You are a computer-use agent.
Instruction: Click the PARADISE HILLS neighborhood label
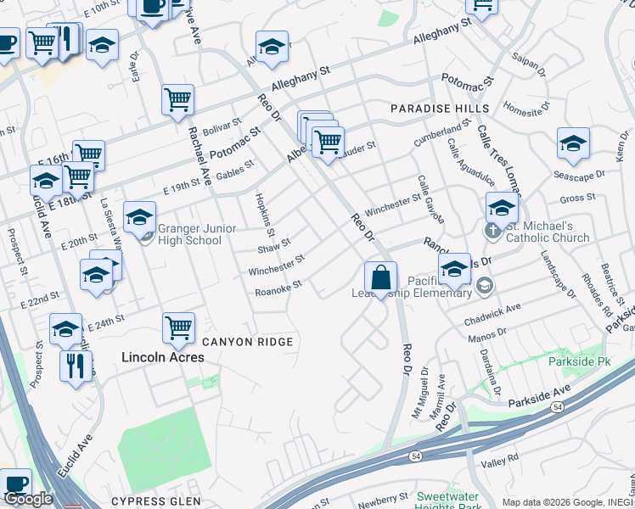440,109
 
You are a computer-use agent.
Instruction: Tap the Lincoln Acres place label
162,357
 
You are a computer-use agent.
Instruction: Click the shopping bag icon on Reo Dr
381,277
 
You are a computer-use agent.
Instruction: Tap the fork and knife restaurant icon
76,366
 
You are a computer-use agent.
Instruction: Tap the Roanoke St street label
278,289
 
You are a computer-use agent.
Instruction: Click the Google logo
28,499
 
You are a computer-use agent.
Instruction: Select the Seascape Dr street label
579,174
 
